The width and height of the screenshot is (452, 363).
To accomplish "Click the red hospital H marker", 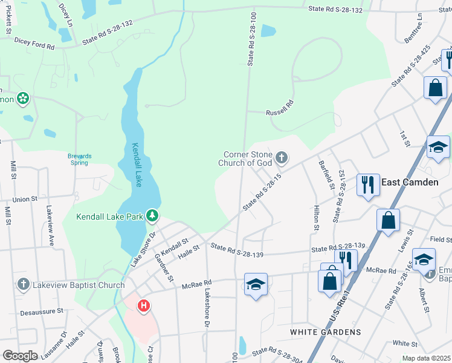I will [x=144, y=306].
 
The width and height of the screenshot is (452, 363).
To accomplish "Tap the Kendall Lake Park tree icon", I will [x=153, y=215].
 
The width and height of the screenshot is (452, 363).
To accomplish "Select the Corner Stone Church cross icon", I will [x=281, y=159].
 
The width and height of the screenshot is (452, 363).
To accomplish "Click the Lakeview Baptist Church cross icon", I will [x=24, y=284].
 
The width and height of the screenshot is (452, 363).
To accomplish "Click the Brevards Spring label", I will [x=79, y=159].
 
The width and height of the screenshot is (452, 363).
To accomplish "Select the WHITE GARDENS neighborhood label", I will [x=325, y=332].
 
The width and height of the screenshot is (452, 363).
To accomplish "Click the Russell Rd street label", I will [x=280, y=113].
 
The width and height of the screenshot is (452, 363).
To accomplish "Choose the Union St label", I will [x=25, y=198].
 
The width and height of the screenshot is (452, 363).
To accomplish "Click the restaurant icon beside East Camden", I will [x=367, y=185].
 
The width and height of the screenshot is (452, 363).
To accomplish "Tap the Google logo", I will [x=20, y=356].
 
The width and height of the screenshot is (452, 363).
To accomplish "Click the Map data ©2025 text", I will [x=426, y=358].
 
